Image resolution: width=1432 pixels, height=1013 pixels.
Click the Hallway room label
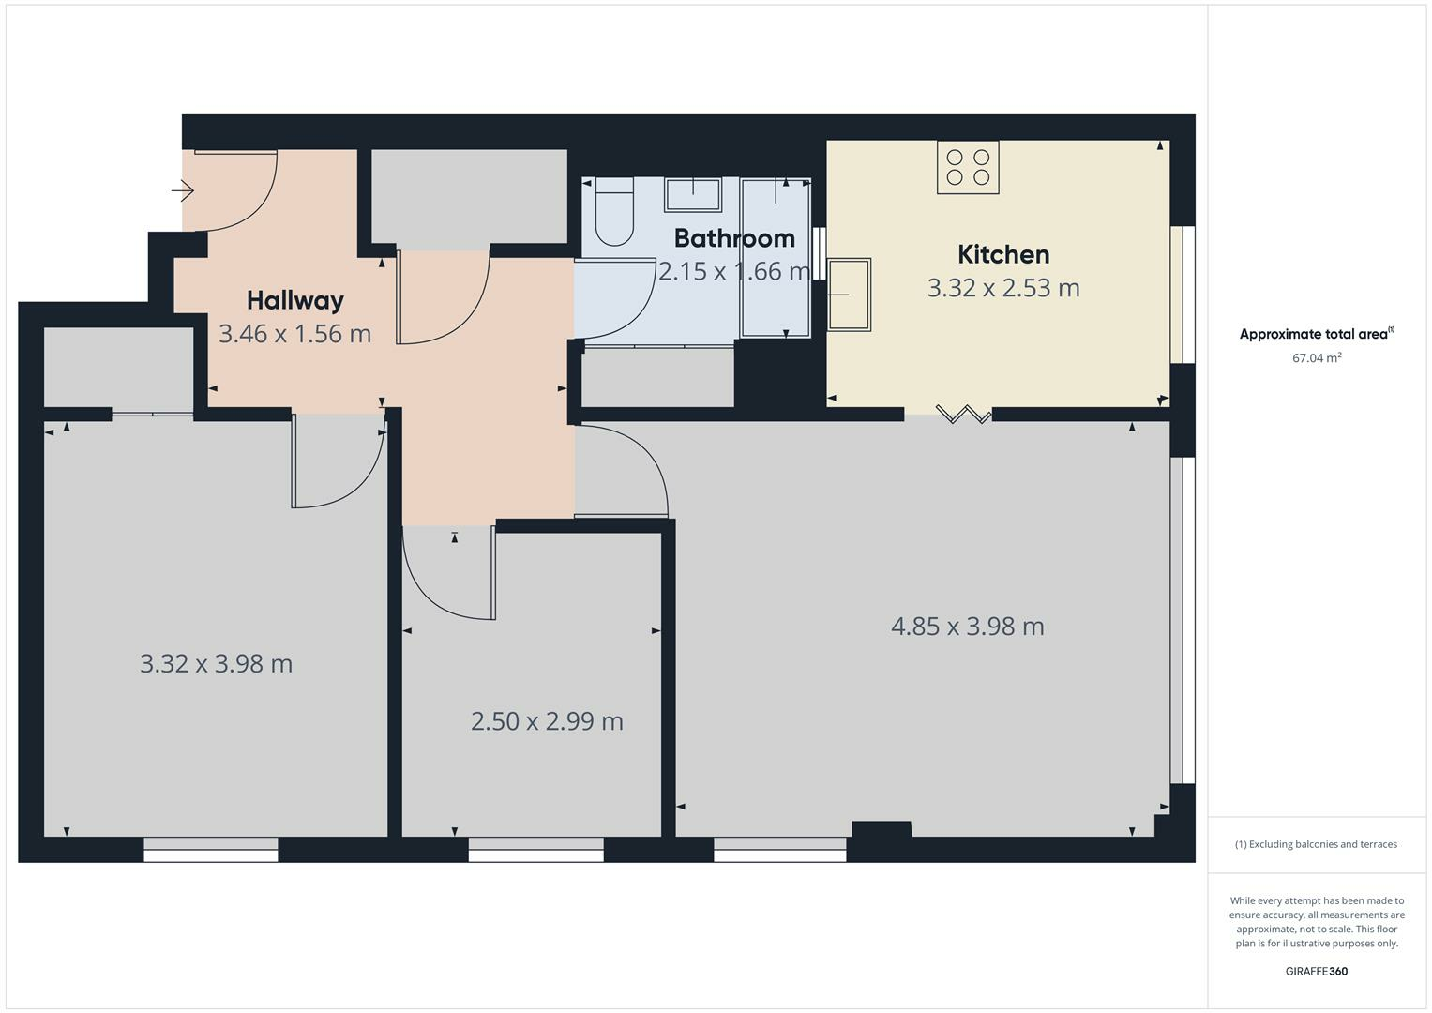(x=295, y=300)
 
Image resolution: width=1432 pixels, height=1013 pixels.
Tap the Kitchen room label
(x=1003, y=254)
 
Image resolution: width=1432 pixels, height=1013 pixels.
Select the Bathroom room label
(x=734, y=238)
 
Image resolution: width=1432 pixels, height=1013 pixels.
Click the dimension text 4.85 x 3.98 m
(x=967, y=627)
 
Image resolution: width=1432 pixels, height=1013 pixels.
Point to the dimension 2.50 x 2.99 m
(x=547, y=721)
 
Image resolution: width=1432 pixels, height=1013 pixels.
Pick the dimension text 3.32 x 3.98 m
(x=217, y=664)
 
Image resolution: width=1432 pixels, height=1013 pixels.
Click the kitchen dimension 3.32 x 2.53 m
(x=1003, y=288)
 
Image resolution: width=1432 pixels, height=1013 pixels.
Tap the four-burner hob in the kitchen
(x=968, y=168)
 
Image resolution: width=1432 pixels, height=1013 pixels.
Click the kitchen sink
(x=850, y=295)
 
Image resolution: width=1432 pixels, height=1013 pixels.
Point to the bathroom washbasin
(x=693, y=195)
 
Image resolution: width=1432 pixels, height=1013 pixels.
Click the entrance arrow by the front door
(x=183, y=191)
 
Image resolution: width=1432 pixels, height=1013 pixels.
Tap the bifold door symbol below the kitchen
(x=963, y=414)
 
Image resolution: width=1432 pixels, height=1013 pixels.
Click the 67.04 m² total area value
(x=1317, y=357)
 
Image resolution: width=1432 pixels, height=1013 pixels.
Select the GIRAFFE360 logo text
(x=1316, y=971)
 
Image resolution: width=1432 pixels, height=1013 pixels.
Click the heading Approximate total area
(x=1316, y=334)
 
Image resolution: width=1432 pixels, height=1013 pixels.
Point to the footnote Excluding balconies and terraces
(x=1316, y=844)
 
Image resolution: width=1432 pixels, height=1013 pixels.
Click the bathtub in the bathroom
(x=776, y=258)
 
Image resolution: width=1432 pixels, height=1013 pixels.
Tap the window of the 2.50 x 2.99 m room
(x=536, y=850)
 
